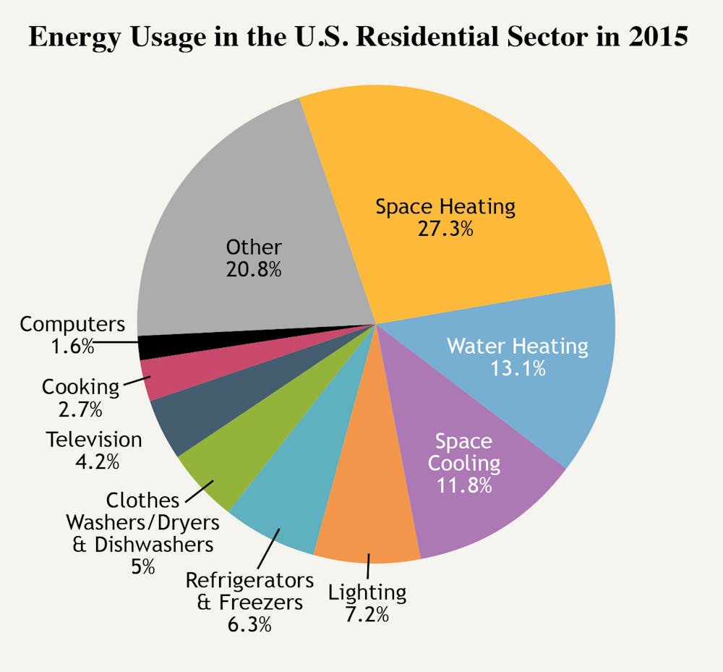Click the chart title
(x=358, y=37)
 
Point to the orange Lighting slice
(x=369, y=521)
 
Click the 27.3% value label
(x=445, y=229)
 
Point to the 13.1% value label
(x=518, y=368)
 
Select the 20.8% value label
(x=253, y=270)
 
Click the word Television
(x=94, y=439)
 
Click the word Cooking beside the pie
(x=80, y=386)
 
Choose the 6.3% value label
(x=249, y=624)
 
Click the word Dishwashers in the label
(x=153, y=543)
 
